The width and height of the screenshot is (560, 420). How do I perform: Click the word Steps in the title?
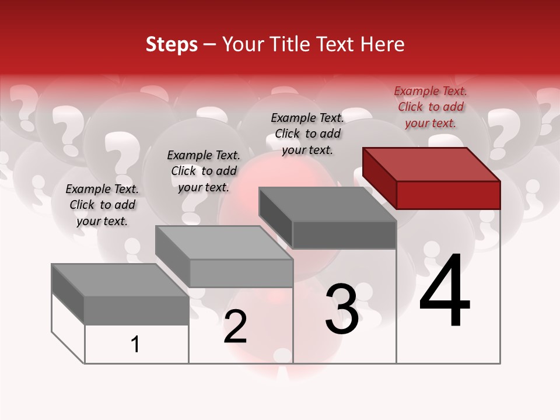171,44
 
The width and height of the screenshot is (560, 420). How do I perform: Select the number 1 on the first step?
135,345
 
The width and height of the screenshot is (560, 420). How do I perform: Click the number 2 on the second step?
235,327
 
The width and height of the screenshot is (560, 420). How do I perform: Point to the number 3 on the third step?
342,309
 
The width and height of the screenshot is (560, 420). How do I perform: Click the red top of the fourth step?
432,164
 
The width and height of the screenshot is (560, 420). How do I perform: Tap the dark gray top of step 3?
328,204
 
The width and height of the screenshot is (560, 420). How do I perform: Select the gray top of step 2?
224,243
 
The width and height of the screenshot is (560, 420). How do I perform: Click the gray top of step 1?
120,280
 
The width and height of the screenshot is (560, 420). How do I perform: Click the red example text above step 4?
430,107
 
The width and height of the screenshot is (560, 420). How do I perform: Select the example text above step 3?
307,134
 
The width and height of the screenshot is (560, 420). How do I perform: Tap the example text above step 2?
204,171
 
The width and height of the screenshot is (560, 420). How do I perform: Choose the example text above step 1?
102,205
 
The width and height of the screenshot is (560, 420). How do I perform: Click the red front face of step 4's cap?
448,195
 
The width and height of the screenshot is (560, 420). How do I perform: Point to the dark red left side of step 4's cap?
379,177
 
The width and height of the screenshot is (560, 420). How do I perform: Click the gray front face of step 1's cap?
136,310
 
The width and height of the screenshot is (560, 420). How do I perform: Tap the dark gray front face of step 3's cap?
344,235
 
